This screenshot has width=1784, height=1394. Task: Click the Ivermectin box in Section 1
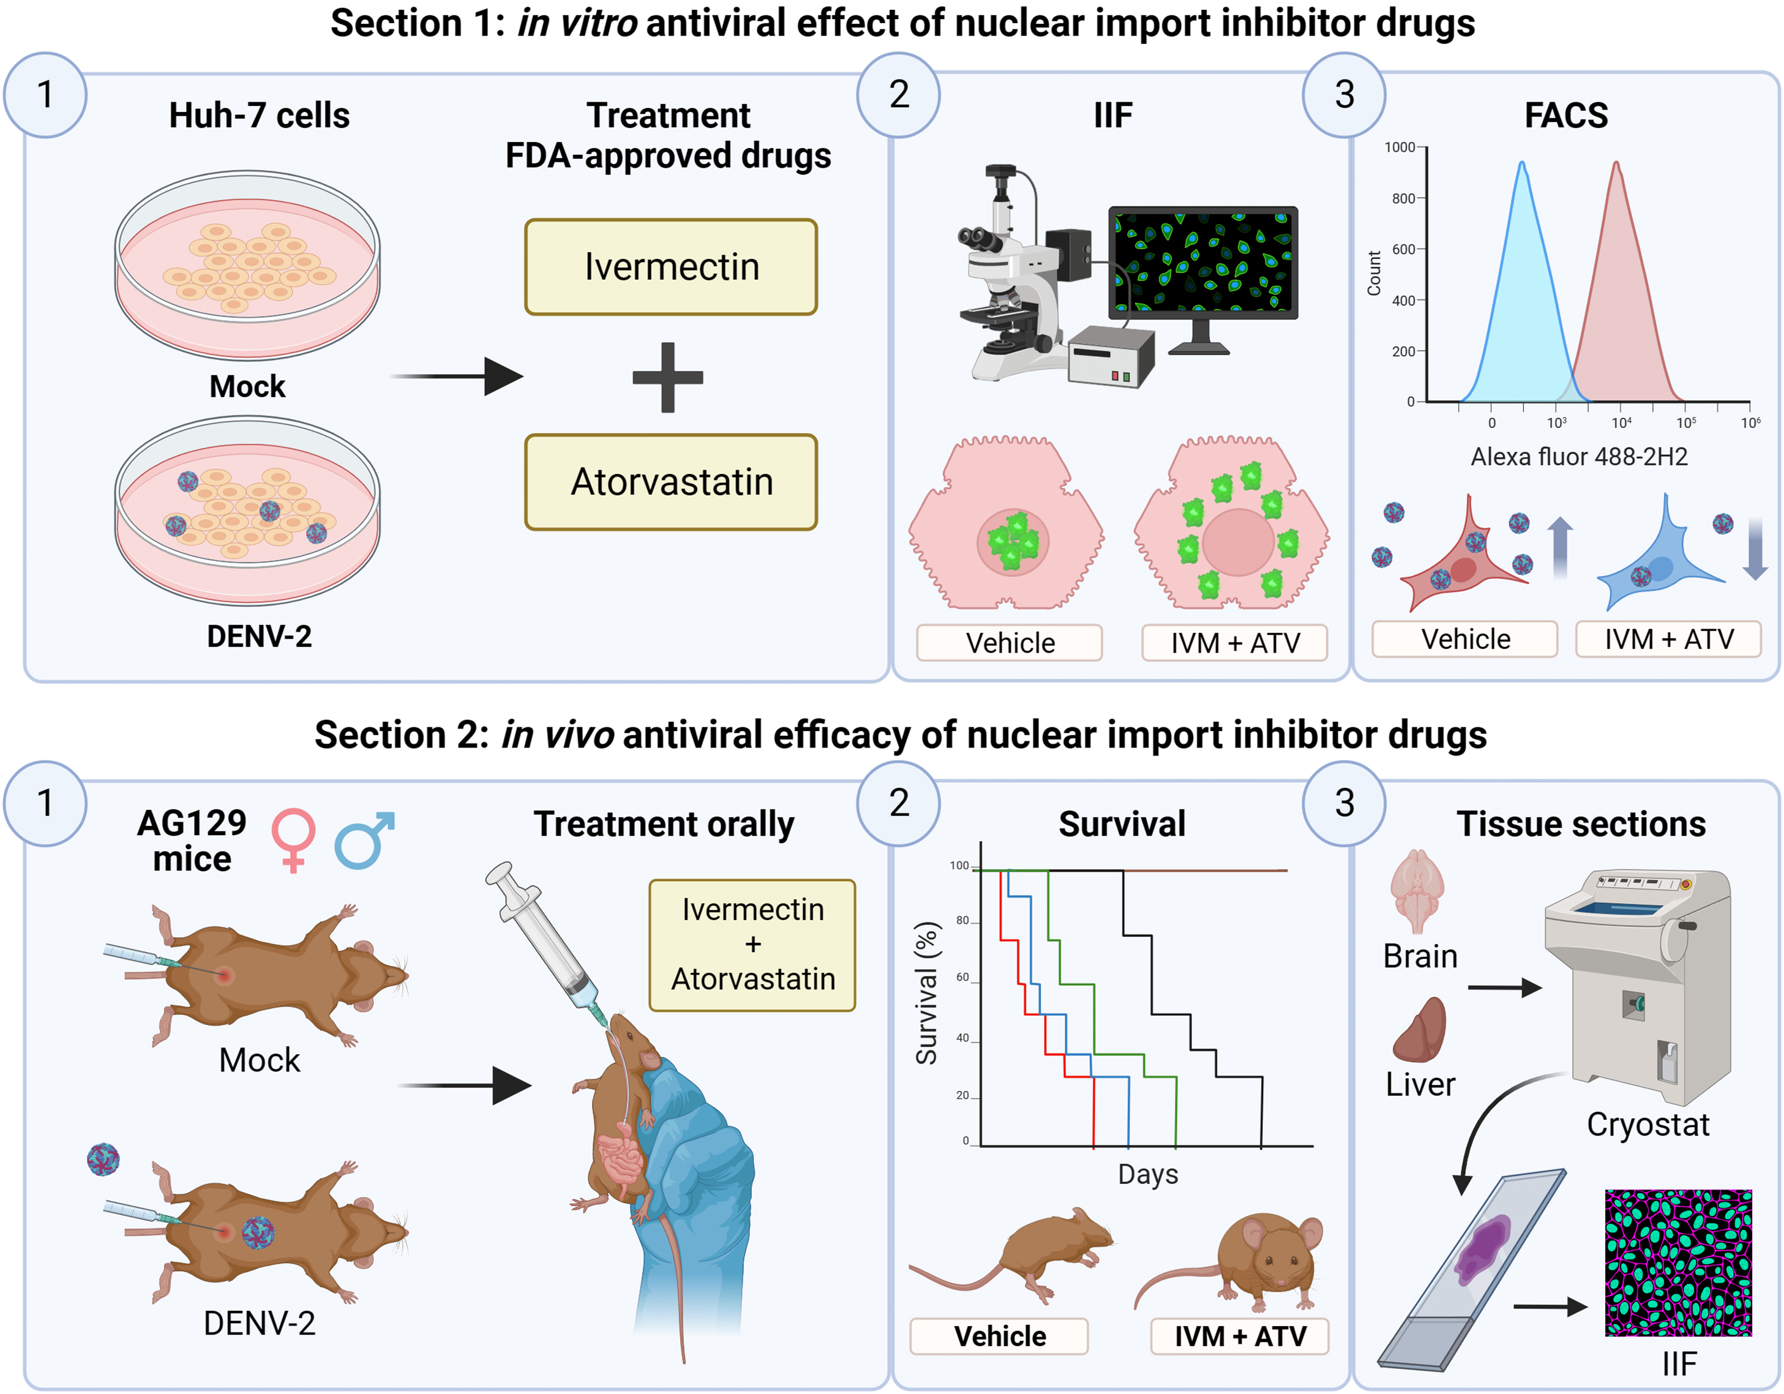pos(670,267)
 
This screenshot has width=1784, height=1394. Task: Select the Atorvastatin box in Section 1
pos(670,482)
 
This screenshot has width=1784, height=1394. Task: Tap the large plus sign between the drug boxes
pos(667,377)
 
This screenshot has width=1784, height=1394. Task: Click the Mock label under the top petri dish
pos(247,386)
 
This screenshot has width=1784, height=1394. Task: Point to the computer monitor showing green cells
pos(1202,263)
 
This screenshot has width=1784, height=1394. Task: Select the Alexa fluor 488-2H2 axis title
pos(1578,457)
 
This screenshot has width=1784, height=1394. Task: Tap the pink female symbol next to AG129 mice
pos(293,839)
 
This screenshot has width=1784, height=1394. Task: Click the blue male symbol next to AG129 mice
pos(365,839)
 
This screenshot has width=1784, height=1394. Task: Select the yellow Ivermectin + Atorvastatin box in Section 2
pos(752,945)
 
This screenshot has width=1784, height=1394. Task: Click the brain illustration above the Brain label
pos(1417,891)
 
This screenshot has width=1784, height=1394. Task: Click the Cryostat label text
pos(1647,1125)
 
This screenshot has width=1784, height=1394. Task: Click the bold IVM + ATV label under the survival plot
pos(1239,1337)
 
